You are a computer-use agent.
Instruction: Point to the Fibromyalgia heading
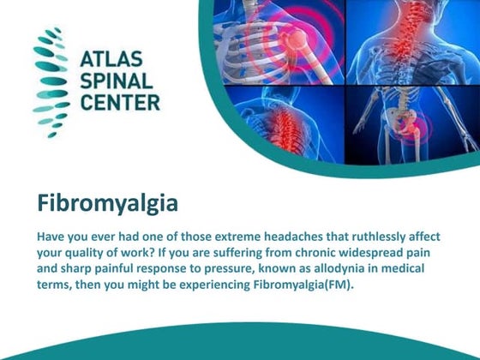pyautogui.click(x=107, y=204)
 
